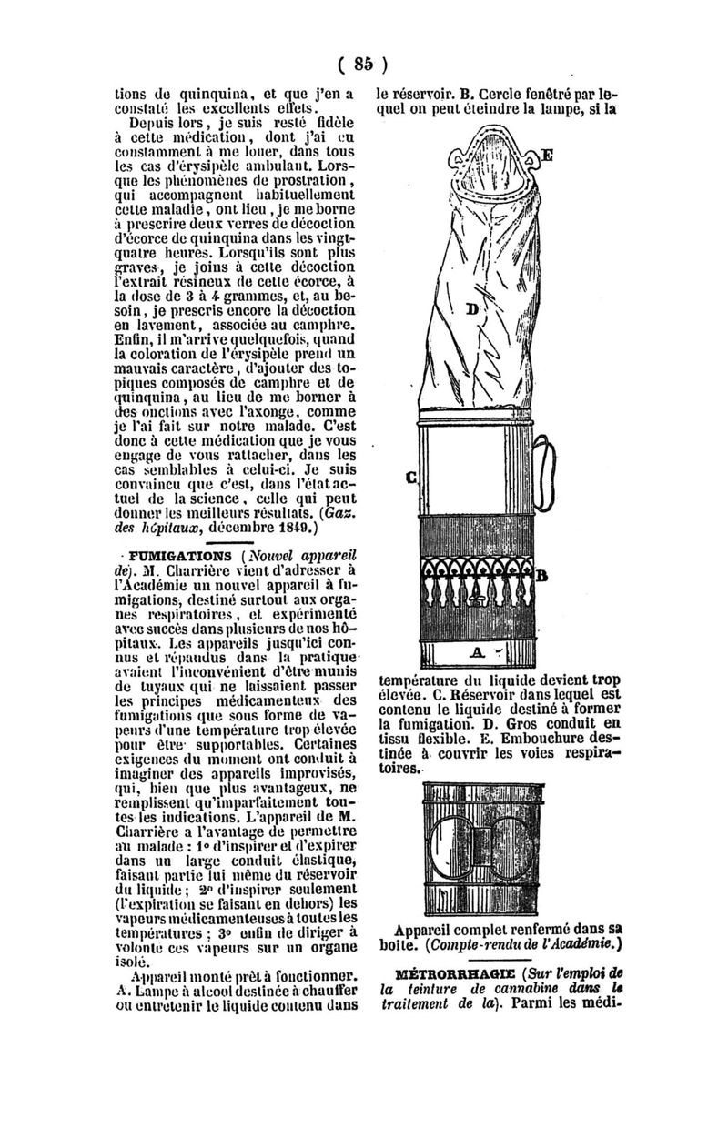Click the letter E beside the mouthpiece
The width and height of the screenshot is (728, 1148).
(x=548, y=155)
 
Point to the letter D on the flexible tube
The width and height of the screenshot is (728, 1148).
(x=472, y=309)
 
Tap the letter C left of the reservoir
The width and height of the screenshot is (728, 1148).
(x=411, y=476)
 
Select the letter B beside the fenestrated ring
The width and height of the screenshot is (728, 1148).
(x=542, y=575)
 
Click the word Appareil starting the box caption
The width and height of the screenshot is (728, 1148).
(x=433, y=930)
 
